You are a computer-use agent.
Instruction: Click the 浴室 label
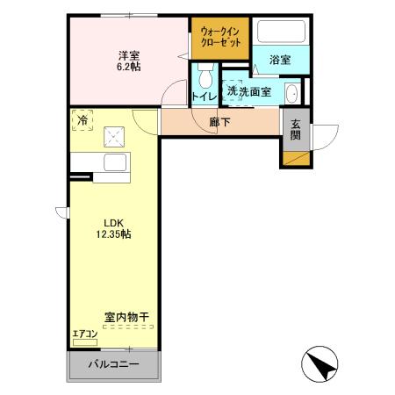tap(279, 61)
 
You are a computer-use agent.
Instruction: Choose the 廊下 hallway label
tap(220, 122)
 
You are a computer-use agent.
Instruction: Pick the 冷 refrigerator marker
tap(82, 120)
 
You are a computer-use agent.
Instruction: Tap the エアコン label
tap(86, 334)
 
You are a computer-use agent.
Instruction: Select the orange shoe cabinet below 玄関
tap(295, 159)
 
